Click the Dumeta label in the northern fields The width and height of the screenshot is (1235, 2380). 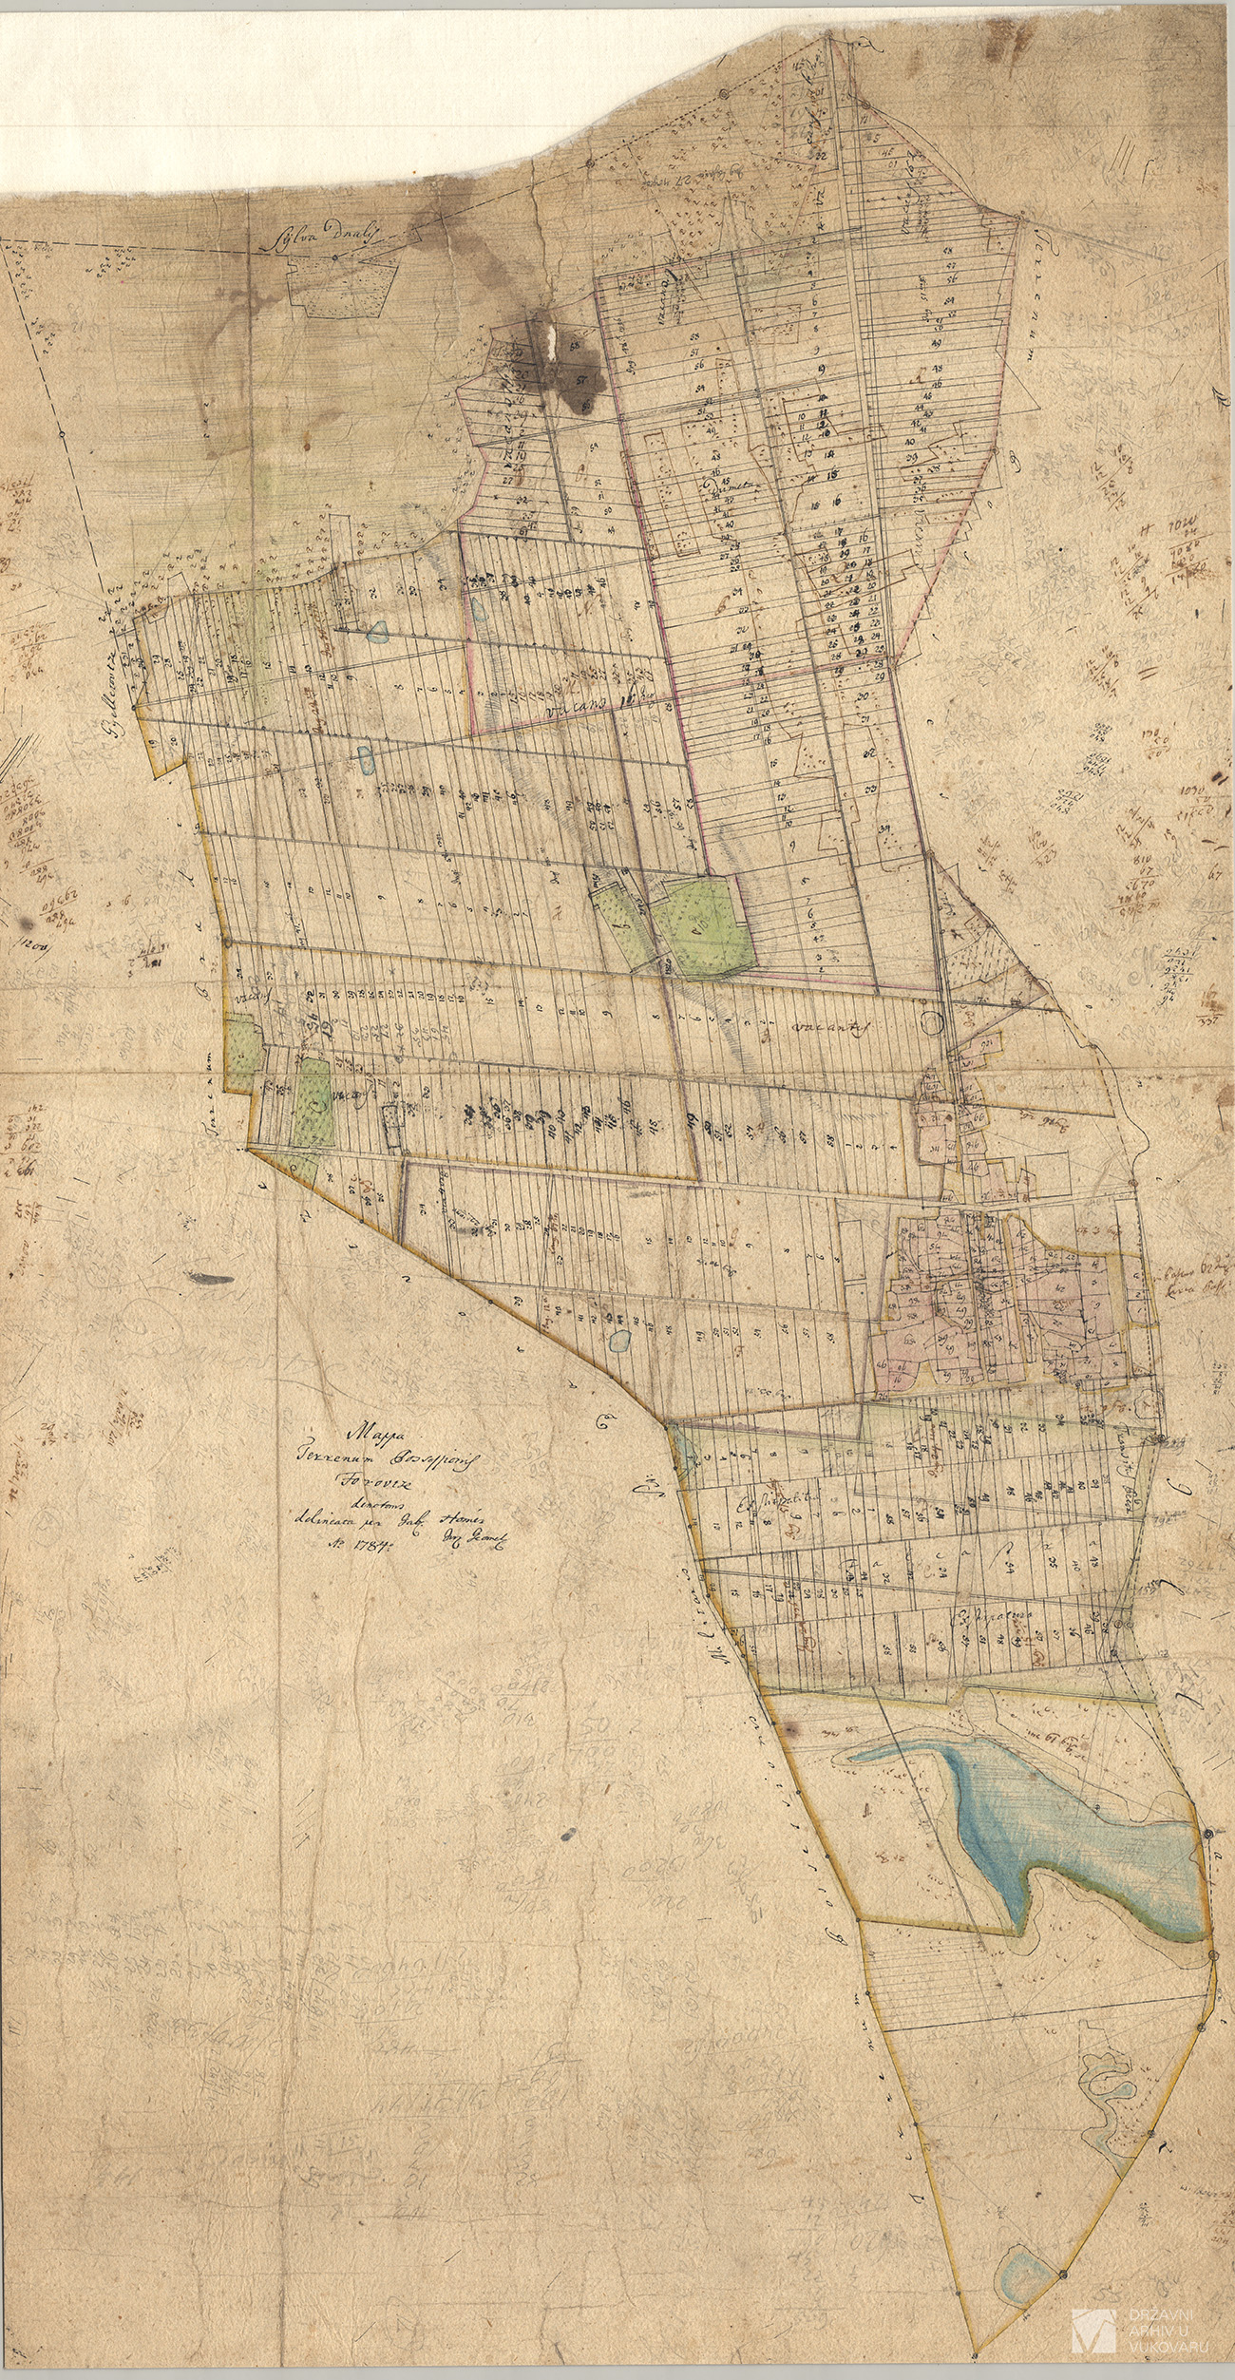click(728, 489)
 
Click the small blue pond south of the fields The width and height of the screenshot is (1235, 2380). click(619, 1342)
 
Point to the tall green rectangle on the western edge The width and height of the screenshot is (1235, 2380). click(313, 1102)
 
